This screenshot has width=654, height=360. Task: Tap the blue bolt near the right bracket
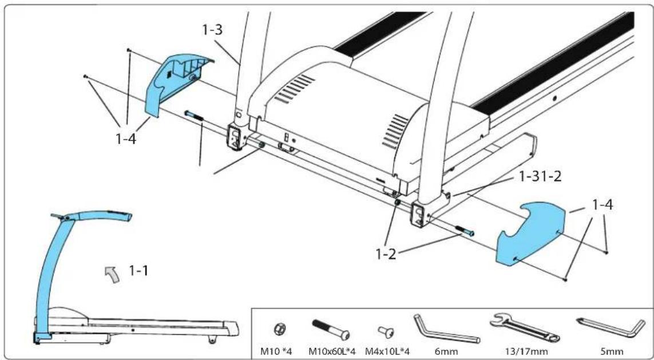click(x=464, y=232)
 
